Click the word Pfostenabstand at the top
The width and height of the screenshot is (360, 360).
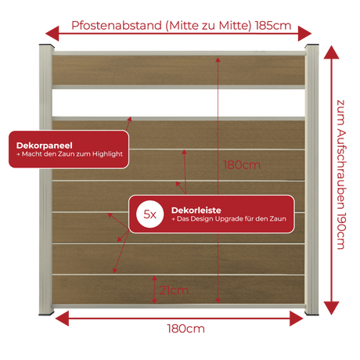117,26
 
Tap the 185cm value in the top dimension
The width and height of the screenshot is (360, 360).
273,26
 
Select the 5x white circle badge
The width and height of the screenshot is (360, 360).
150,214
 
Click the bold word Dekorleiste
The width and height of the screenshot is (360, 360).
196,210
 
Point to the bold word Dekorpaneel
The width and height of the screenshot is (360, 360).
45,146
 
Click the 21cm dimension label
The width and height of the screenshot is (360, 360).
174,290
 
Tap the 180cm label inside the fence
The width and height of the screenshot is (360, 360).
242,165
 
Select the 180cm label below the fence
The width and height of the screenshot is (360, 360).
185,329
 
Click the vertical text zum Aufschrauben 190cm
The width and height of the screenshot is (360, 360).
341,175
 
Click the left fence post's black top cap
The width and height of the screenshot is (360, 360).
47,45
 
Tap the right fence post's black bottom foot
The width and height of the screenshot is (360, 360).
311,315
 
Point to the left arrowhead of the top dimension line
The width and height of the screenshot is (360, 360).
52,34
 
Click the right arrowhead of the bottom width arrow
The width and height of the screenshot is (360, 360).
297,319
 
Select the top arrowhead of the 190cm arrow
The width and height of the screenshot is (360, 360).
331,52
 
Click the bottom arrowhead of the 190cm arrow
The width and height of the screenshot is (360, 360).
331,308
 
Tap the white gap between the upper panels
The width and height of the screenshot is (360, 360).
178,103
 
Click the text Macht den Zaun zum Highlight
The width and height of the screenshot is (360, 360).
72,154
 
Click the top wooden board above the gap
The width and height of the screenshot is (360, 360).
178,70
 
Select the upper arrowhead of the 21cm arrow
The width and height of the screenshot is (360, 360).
154,279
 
